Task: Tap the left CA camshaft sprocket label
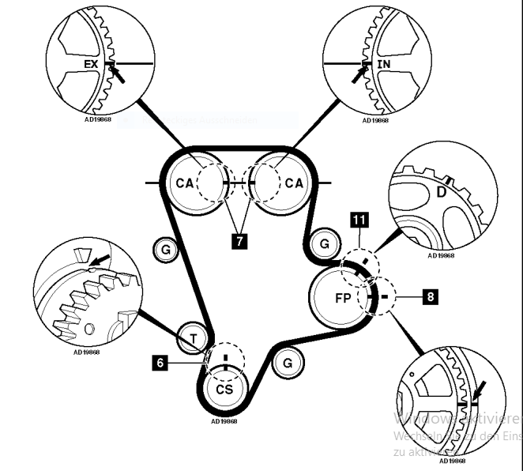184,183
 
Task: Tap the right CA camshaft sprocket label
293,183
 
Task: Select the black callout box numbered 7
238,240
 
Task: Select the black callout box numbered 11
359,220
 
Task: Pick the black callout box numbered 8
430,297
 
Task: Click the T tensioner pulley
192,339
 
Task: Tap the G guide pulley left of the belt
164,250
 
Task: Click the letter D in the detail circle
441,193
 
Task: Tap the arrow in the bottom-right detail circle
480,389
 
